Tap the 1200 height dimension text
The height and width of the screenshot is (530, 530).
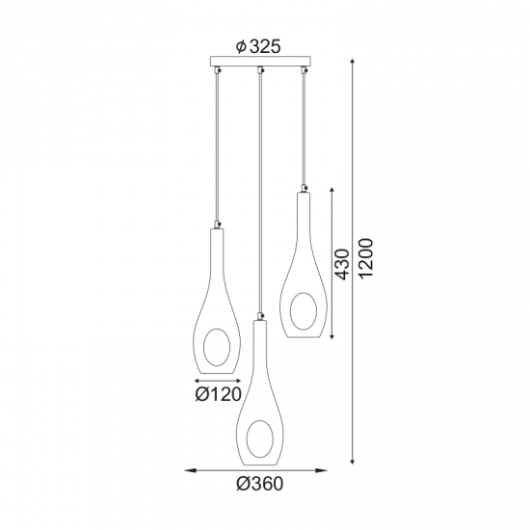365,258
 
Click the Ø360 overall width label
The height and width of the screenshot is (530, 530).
261,483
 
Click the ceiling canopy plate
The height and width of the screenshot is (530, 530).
262,65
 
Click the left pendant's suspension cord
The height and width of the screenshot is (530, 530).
219,145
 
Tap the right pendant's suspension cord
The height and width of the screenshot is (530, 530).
304,125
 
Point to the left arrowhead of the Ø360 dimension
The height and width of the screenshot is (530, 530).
189,470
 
